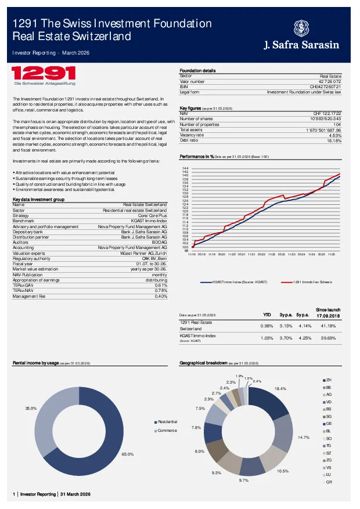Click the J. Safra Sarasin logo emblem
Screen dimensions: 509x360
pyautogui.click(x=302, y=27)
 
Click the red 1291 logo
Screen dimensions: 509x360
pyautogui.click(x=44, y=74)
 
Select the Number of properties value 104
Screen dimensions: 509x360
pyautogui.click(x=337, y=124)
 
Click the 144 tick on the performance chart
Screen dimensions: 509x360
pyautogui.click(x=185, y=168)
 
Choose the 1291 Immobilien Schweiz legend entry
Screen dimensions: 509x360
pyautogui.click(x=311, y=281)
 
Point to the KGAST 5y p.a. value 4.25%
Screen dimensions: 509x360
pyautogui.click(x=303, y=337)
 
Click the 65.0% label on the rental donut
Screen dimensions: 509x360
pyautogui.click(x=143, y=454)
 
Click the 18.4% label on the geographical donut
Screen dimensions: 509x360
pyautogui.click(x=280, y=388)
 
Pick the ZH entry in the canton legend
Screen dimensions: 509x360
pyautogui.click(x=328, y=380)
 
